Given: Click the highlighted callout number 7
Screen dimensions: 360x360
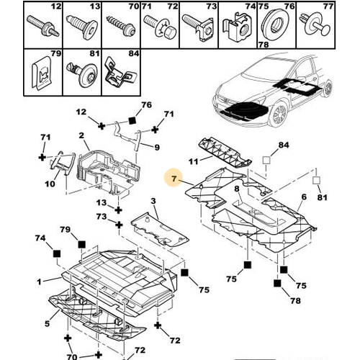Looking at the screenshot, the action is click(x=174, y=179).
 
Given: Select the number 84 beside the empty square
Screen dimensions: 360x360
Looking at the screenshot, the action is click(x=284, y=145).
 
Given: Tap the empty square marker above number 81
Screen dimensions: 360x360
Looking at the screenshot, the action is click(x=316, y=180).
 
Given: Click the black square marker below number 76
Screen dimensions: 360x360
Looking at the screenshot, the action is click(x=132, y=120).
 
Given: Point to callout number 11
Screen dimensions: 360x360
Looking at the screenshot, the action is click(x=194, y=161).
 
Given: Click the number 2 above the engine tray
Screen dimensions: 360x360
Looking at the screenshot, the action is click(x=81, y=135).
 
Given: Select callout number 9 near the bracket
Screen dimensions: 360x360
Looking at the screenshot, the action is click(x=157, y=147).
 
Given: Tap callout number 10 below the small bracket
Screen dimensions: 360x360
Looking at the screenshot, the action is click(x=50, y=184).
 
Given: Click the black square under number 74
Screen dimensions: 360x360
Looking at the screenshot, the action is click(x=57, y=253).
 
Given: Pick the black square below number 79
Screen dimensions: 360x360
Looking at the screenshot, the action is click(x=81, y=245).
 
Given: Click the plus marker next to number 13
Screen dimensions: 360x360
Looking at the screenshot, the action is click(x=118, y=210).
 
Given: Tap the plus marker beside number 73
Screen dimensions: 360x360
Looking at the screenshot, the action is click(x=119, y=225).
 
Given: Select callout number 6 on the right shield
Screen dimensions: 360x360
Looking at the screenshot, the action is click(x=304, y=197).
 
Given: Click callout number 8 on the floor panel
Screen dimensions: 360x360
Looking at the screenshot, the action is click(x=237, y=189).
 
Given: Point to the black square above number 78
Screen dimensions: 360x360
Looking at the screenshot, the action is click(x=277, y=284).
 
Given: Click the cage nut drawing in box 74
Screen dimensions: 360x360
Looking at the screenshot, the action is click(x=238, y=30).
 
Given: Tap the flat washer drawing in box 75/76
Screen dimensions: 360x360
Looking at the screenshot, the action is click(x=276, y=25).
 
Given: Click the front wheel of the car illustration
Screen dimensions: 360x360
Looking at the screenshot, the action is click(x=279, y=114).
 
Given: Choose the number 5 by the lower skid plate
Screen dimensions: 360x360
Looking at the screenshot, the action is click(x=48, y=323).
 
